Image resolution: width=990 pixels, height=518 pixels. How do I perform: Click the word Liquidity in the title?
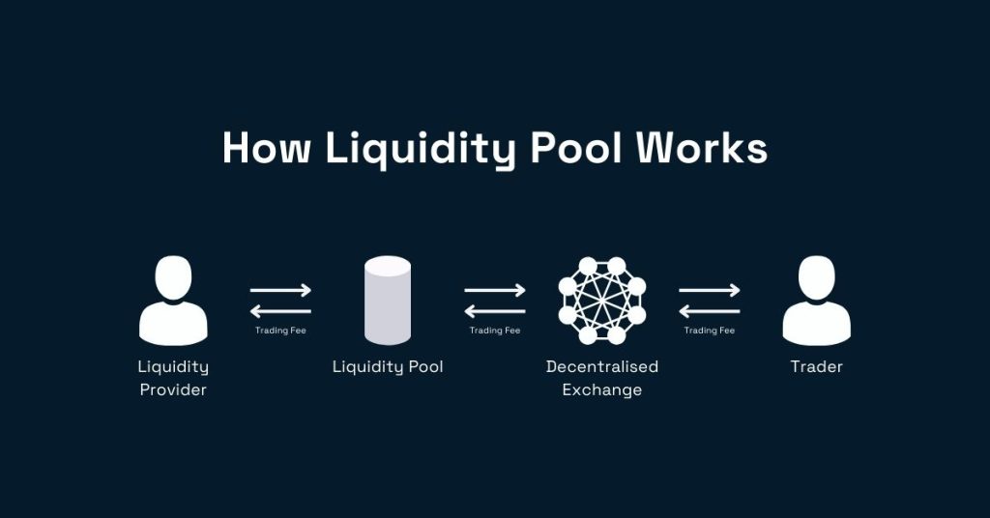point(420,150)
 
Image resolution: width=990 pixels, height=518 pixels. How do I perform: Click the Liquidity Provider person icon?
point(174,302)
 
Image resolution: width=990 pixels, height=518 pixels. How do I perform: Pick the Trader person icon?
point(816,302)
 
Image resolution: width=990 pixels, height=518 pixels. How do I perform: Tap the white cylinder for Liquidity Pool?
point(388,301)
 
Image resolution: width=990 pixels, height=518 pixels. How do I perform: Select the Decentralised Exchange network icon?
point(602,301)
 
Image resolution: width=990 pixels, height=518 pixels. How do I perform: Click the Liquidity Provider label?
point(174,378)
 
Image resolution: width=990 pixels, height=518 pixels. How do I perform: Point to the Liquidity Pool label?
point(388,367)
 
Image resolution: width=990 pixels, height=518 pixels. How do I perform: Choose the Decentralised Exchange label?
point(602,378)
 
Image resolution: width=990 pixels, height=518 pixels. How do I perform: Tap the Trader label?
point(817,367)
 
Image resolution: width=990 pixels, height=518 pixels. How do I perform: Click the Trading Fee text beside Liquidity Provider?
point(280,331)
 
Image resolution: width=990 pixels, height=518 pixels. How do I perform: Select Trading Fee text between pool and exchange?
point(495,331)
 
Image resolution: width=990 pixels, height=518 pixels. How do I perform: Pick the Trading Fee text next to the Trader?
point(710,331)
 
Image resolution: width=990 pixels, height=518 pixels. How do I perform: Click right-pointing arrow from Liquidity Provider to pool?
point(280,290)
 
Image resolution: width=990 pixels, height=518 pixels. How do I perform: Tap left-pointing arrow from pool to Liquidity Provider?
point(280,311)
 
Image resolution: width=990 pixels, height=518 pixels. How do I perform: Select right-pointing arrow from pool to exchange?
point(495,290)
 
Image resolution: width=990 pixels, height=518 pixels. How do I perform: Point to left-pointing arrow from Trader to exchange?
point(710,311)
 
